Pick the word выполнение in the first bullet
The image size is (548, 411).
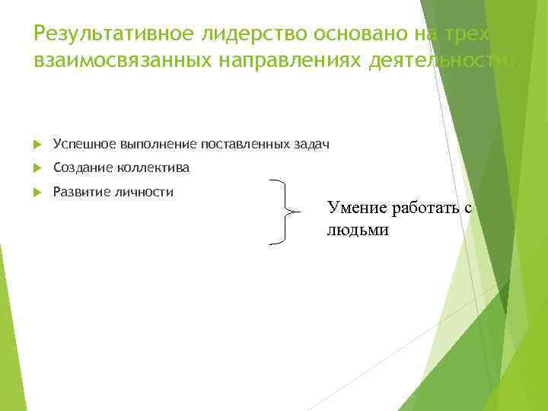[x=157, y=144]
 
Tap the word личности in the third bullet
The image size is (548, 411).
[x=148, y=192]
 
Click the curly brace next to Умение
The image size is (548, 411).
[x=282, y=212]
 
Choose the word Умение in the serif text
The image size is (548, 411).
[x=352, y=208]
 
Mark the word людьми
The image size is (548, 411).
[x=358, y=230]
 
